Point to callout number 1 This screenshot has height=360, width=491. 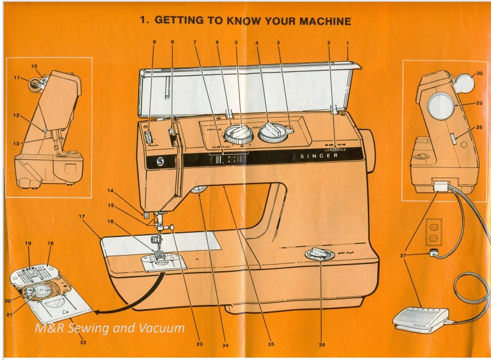pyautogui.click(x=348, y=43)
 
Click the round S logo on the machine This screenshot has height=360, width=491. pyautogui.click(x=160, y=162)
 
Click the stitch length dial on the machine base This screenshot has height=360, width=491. pyautogui.click(x=320, y=254)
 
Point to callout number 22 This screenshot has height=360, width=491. pyautogui.click(x=82, y=343)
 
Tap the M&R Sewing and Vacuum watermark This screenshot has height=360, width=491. pyautogui.click(x=109, y=329)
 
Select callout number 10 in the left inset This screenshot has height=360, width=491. pyautogui.click(x=34, y=66)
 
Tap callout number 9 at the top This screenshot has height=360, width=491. pyautogui.click(x=154, y=43)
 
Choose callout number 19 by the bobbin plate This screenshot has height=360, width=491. pyautogui.click(x=28, y=244)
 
